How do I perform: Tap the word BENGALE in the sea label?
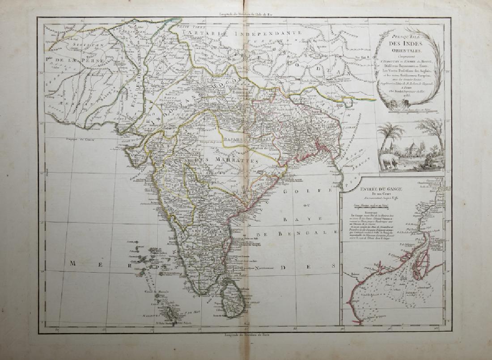(314, 234)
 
